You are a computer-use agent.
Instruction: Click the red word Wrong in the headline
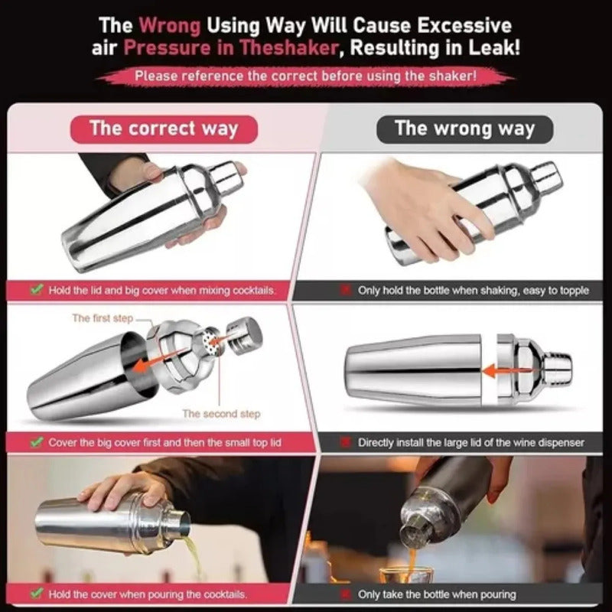(170, 26)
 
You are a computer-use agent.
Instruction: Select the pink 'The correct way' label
(164, 129)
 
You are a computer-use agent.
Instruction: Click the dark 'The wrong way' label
(464, 129)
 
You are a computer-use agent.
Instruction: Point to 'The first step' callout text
(103, 318)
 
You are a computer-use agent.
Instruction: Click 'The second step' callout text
(221, 414)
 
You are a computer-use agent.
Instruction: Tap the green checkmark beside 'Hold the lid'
(37, 290)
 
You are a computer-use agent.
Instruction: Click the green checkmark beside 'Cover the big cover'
(37, 442)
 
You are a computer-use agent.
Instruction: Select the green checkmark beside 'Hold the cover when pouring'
(37, 594)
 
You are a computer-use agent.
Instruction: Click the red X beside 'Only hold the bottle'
(345, 291)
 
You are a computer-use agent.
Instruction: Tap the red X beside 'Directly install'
(345, 443)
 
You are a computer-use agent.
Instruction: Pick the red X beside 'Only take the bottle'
(345, 594)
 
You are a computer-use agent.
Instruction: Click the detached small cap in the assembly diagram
(245, 335)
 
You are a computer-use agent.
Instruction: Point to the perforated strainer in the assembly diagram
(212, 339)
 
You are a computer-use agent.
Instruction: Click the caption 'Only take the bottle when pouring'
(437, 594)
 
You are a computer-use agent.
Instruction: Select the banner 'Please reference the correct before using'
(305, 76)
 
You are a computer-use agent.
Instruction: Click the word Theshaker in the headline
(289, 48)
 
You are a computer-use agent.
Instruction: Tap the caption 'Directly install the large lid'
(471, 443)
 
